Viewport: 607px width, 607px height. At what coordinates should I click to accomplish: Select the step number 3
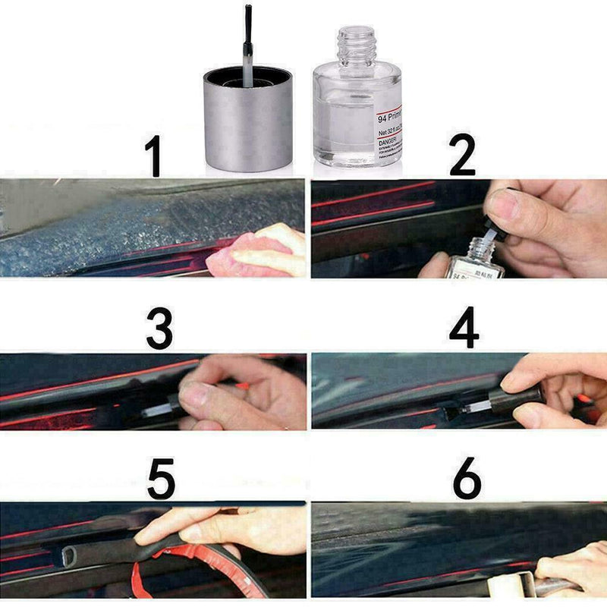[x=159, y=327]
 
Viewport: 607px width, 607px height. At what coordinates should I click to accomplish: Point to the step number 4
[x=464, y=327]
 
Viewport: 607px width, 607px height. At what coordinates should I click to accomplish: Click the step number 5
[x=161, y=477]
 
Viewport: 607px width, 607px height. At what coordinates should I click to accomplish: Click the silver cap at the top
[x=248, y=121]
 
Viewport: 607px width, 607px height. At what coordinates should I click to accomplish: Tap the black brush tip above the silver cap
[x=248, y=23]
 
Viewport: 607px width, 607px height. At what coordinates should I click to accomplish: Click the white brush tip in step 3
[x=157, y=410]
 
